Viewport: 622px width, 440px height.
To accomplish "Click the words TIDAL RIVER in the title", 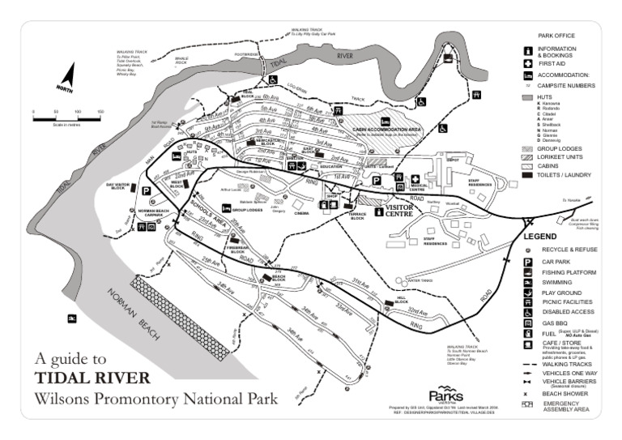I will [x=92, y=378].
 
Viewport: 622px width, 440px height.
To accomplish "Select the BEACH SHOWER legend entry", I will [x=564, y=393].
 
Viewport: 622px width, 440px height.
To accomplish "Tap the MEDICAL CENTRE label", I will [x=419, y=188].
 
